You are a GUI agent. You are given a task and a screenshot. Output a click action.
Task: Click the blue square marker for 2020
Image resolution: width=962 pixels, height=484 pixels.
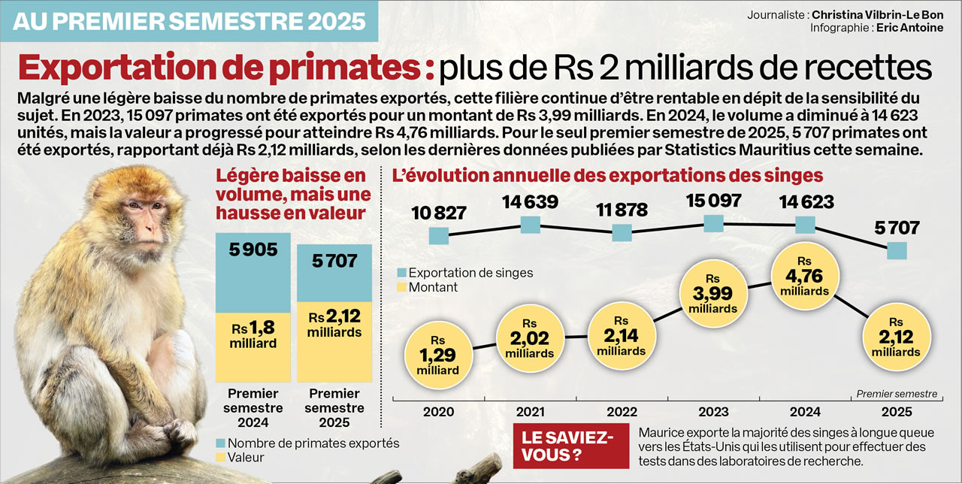tap(438, 236)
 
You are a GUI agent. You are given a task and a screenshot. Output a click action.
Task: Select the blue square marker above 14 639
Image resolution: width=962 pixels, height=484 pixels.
tap(531, 225)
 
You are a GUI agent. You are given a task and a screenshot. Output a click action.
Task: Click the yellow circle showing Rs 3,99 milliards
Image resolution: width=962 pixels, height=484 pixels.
tap(712, 294)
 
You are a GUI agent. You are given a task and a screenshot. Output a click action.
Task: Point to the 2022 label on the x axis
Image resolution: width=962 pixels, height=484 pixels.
tap(622, 412)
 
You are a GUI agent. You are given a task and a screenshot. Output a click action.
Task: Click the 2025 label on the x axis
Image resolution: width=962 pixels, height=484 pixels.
tap(897, 412)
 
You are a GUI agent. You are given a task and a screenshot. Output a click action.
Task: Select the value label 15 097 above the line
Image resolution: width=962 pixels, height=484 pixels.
tap(713, 201)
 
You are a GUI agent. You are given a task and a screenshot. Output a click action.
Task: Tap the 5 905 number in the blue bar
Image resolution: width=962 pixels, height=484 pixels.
tap(253, 250)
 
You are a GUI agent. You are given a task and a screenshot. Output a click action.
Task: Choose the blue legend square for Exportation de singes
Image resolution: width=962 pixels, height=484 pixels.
tap(402, 273)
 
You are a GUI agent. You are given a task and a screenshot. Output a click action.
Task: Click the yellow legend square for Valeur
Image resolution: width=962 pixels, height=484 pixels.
tap(221, 457)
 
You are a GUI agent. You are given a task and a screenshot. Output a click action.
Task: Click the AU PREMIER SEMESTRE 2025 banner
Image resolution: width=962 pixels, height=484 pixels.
tap(189, 20)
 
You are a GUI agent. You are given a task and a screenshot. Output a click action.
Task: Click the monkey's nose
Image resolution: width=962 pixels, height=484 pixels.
tap(147, 223)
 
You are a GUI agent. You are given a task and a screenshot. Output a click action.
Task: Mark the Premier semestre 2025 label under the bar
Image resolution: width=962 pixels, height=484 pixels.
tap(334, 408)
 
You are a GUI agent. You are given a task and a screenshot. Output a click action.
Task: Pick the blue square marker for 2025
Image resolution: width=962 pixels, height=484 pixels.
tap(897, 250)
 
